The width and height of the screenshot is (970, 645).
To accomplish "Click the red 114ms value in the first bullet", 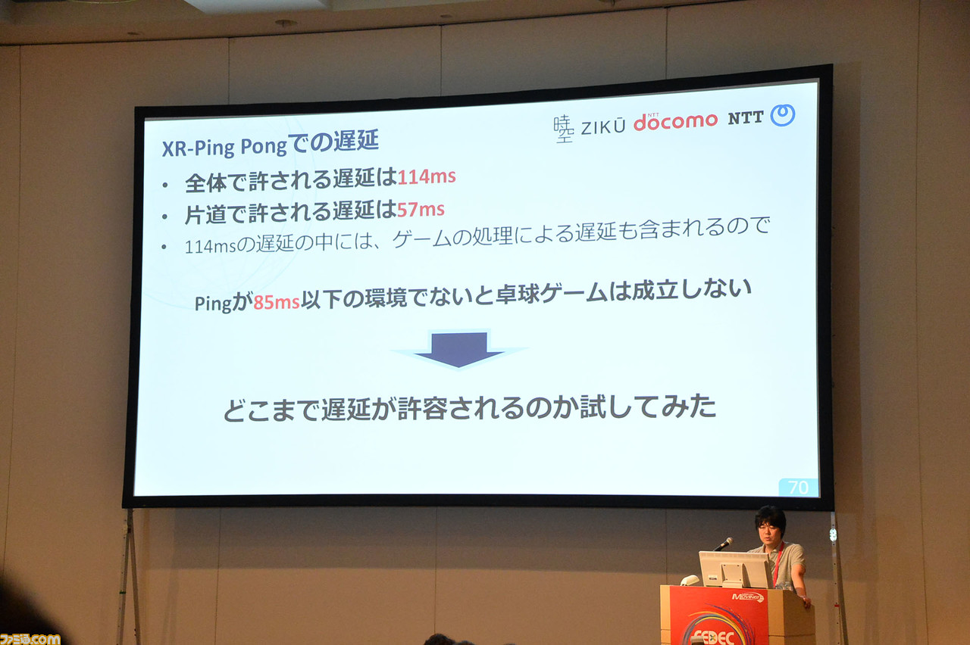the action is coord(427,176).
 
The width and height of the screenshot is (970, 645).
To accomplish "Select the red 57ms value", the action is coord(421,210).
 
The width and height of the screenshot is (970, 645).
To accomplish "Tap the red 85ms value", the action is coord(277,302).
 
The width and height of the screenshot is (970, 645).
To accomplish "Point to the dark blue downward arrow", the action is coord(459,350).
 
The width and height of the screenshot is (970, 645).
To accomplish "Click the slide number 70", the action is coord(798,488).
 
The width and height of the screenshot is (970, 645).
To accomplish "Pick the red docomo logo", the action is coord(675,121).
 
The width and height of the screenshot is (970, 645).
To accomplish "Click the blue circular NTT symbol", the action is coord(783,115).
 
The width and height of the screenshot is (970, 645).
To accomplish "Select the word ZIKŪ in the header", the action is coord(603,126).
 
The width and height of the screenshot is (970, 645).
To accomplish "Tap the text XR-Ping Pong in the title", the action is coord(224,147).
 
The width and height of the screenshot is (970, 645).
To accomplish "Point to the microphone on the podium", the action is coord(724,544).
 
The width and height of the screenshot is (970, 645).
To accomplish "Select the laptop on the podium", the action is coord(735,569).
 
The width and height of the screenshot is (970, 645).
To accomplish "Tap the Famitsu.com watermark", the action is coord(30,639).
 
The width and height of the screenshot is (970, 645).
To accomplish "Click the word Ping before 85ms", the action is coord(213,304).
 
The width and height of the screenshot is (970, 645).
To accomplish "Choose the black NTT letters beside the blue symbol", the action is coord(745,118).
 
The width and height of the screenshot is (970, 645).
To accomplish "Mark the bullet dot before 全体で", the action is coord(164,185).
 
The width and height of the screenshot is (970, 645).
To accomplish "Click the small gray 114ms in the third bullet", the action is coord(211,247).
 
